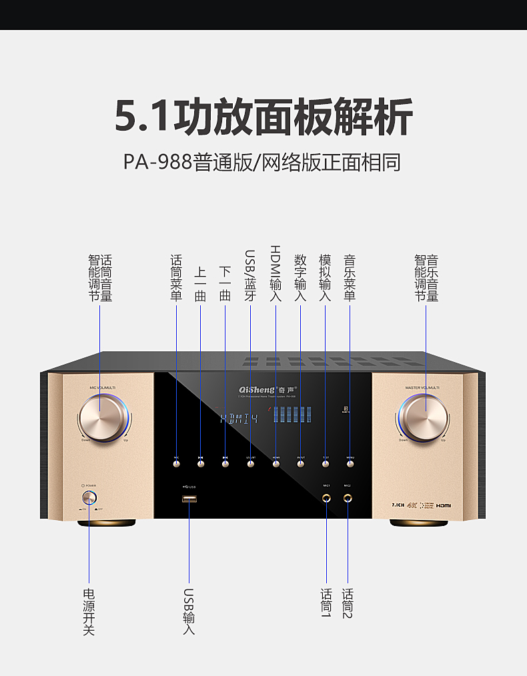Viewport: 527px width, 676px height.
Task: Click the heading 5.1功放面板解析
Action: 263,117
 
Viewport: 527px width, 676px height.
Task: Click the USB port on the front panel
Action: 189,499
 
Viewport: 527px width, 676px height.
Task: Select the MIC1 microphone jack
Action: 327,497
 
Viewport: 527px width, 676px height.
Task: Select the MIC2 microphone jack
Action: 348,497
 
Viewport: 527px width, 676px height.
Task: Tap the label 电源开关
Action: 88,611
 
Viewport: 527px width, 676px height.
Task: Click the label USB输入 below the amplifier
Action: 189,611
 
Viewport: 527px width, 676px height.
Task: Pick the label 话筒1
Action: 326,603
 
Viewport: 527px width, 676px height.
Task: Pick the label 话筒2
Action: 348,603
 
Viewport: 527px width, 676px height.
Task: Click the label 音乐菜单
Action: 349,277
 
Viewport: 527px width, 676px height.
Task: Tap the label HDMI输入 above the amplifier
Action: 276,273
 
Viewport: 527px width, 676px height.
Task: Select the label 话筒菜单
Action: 176,277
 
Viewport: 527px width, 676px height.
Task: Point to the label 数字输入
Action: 300,277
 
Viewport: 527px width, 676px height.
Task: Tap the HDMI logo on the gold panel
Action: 444,505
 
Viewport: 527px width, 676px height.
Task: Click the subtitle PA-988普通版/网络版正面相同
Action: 262,162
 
